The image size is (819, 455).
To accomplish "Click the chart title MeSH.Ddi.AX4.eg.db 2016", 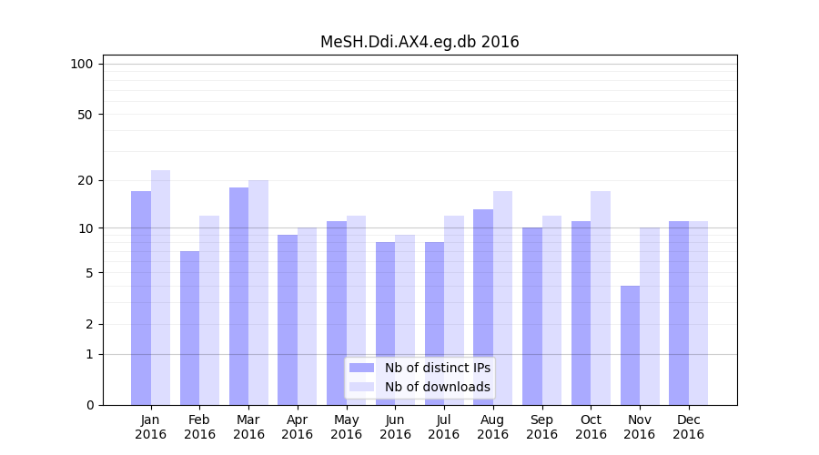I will point(420,42).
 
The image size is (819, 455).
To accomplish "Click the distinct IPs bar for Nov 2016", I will point(630,345).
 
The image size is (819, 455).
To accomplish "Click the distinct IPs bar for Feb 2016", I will point(190,328).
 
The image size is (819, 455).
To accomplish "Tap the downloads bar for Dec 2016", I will point(698,313).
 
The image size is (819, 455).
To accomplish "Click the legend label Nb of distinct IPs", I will point(437,368).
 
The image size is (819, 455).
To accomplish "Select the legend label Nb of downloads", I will point(437,387).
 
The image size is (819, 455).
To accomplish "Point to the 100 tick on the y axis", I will point(82,64).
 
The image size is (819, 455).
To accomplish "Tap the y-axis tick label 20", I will point(86,180).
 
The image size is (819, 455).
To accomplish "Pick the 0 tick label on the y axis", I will point(89,405).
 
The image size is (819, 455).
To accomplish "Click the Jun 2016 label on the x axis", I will point(395,427).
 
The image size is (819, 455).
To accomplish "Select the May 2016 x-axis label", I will point(347,427).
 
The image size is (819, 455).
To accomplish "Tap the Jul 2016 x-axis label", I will point(444,427).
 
